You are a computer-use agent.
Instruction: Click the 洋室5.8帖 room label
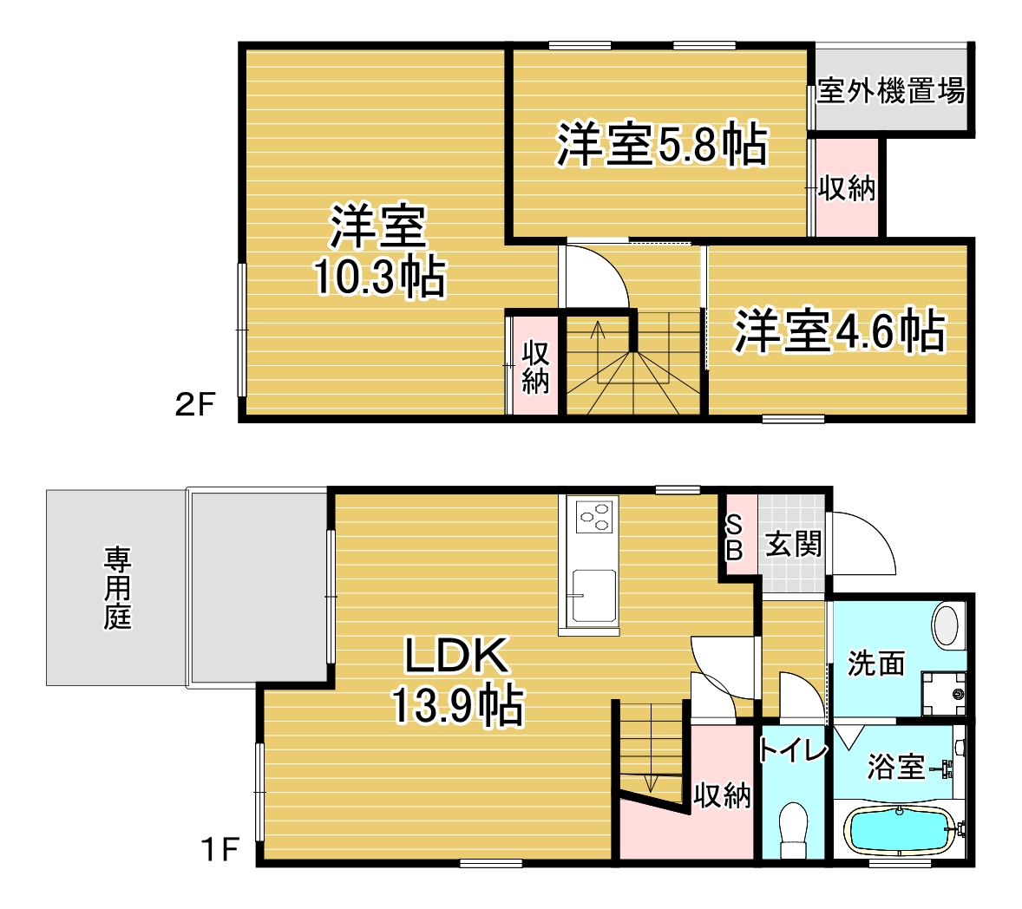pyautogui.click(x=662, y=143)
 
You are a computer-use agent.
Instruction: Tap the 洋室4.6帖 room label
pyautogui.click(x=840, y=331)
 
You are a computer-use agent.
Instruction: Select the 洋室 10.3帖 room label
pyautogui.click(x=379, y=251)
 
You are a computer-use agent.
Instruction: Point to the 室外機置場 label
pyautogui.click(x=891, y=90)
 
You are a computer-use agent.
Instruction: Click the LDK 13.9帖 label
pyautogui.click(x=457, y=680)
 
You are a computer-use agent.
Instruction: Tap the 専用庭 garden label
pyautogui.click(x=117, y=588)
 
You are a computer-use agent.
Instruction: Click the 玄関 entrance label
pyautogui.click(x=793, y=544)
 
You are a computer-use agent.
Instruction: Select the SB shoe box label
pyautogui.click(x=734, y=538)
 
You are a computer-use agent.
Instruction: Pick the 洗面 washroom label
pyautogui.click(x=876, y=664)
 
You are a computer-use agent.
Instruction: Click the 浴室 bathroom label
pyautogui.click(x=896, y=766)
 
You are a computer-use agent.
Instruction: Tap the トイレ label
pyautogui.click(x=793, y=750)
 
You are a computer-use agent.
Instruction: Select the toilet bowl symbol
pyautogui.click(x=793, y=830)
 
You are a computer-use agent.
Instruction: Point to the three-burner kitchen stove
pyautogui.click(x=595, y=517)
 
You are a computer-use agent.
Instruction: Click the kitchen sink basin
pyautogui.click(x=593, y=596)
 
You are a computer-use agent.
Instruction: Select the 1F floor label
pyautogui.click(x=219, y=849)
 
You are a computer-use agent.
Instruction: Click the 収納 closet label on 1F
pyautogui.click(x=722, y=795)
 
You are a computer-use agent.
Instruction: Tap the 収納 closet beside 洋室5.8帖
pyautogui.click(x=847, y=188)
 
